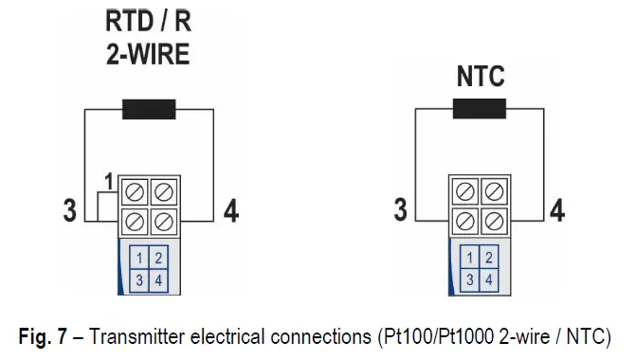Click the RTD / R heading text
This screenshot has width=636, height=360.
click(147, 21)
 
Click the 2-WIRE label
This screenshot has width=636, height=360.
click(147, 54)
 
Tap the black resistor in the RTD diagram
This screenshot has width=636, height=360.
click(149, 108)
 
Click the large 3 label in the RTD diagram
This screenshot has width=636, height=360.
click(69, 210)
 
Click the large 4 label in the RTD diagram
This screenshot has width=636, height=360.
click(229, 210)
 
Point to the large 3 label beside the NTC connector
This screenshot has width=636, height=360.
click(400, 210)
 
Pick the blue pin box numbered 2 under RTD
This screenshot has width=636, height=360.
click(158, 259)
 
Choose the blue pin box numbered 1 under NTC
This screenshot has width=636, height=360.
click(468, 259)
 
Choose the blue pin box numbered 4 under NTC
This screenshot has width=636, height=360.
click(488, 279)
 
